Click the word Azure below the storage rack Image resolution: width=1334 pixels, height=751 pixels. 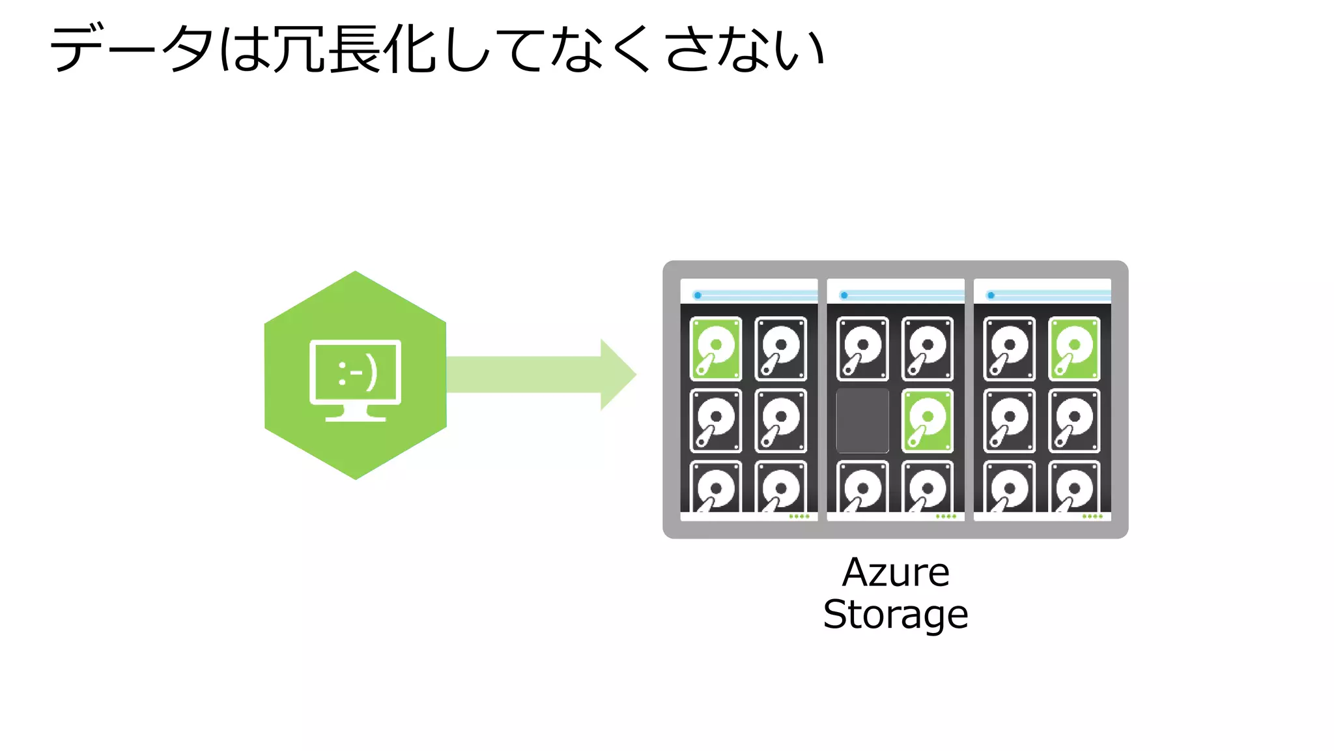tap(896, 573)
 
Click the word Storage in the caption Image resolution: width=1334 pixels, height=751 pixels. tap(896, 615)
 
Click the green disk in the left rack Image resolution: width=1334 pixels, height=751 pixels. tap(715, 348)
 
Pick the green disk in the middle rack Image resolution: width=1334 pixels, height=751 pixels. tap(927, 420)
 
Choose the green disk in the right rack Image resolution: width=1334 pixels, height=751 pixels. tap(1074, 348)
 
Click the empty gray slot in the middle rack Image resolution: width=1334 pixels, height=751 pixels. tap(862, 420)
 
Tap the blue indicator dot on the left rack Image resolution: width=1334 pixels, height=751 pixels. tap(698, 295)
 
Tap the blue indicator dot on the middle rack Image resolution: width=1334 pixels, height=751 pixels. tap(844, 295)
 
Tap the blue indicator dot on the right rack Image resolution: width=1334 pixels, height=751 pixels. tap(991, 295)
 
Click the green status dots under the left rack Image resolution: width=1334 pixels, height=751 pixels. tap(799, 516)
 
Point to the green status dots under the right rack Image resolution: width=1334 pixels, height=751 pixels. tap(1092, 516)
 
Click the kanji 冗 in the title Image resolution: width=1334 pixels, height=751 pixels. tap(298, 50)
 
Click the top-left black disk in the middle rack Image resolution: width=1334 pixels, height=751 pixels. tap(862, 348)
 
